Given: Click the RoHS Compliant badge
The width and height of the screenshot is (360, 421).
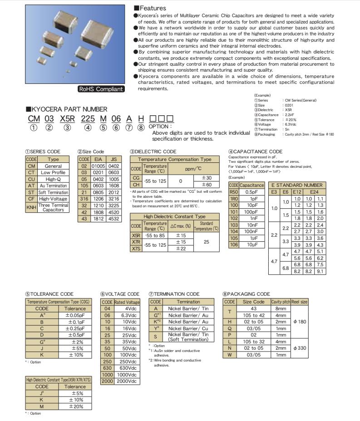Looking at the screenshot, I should point(100,89).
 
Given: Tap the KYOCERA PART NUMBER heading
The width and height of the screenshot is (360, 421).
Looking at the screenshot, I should point(66,109).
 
